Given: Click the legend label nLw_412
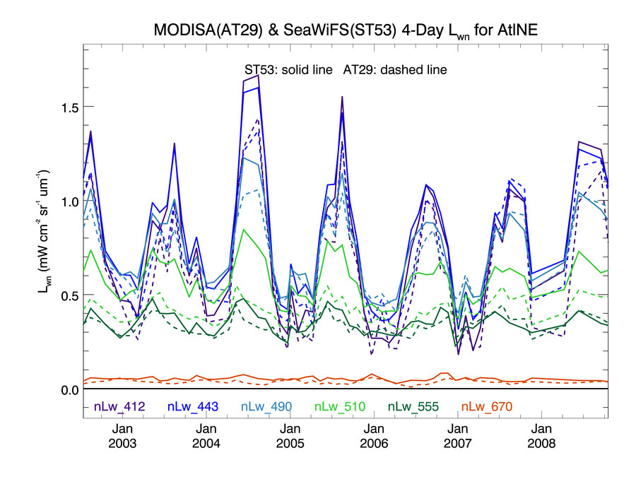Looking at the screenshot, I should point(118,406).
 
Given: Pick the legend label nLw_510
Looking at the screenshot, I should point(338,406).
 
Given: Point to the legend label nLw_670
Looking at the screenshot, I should point(485,406).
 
